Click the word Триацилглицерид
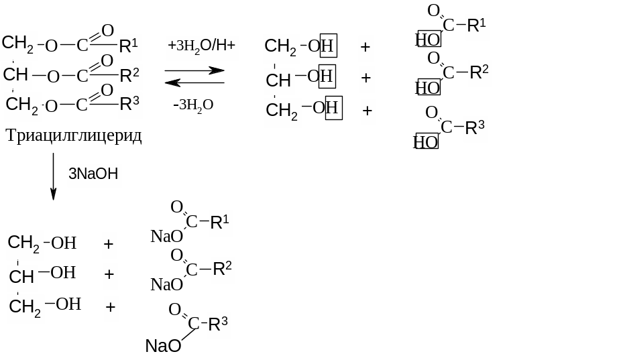74,136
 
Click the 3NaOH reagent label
93,174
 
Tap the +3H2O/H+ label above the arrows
202,47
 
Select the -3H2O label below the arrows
193,105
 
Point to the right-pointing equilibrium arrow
194,70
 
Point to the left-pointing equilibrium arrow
194,82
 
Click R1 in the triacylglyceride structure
129,46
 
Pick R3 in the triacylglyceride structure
129,104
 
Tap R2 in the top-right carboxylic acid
479,72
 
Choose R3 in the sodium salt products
218,325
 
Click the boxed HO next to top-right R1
428,40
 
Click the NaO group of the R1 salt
166,236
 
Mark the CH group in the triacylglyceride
16,75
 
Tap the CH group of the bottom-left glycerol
21,276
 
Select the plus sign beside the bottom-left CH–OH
110,275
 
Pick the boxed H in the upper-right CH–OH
326,76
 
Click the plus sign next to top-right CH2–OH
365,48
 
